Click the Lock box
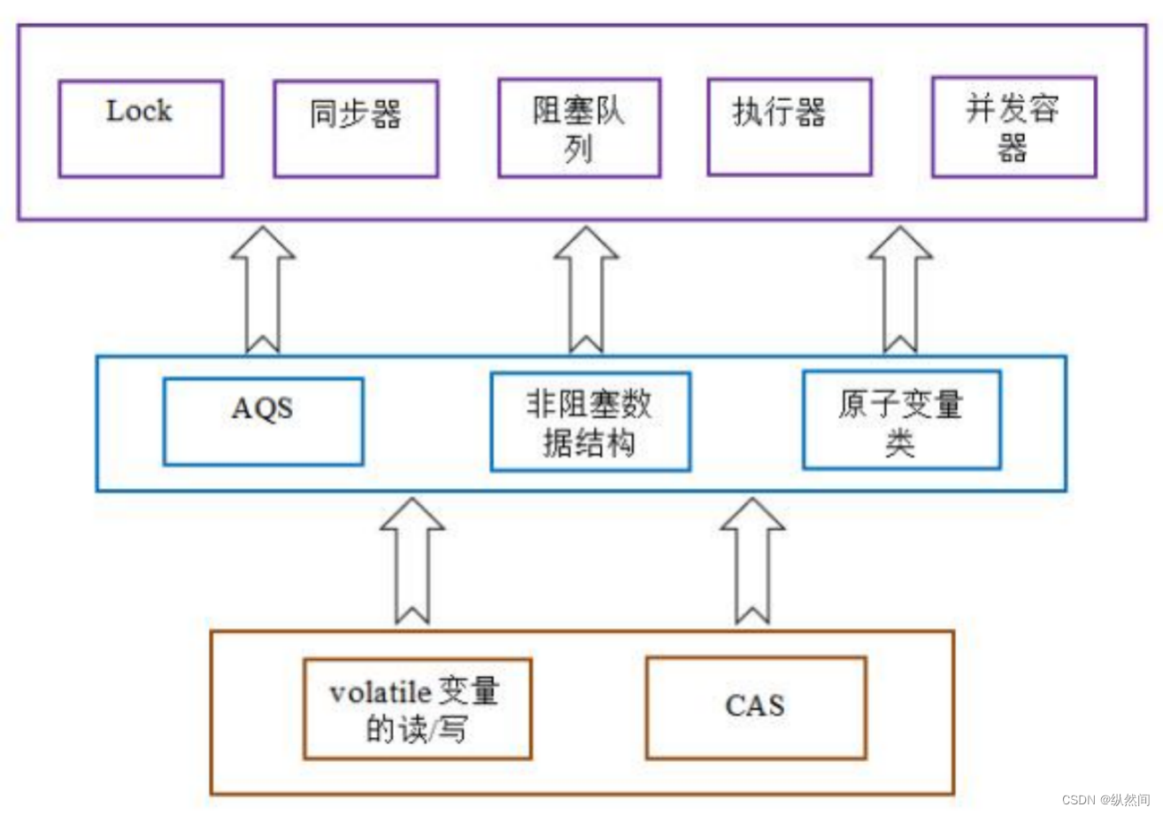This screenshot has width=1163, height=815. click(x=141, y=128)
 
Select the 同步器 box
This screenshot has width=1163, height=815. click(x=356, y=128)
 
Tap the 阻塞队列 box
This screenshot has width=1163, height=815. click(x=579, y=128)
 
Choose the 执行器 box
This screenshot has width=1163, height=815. click(x=789, y=127)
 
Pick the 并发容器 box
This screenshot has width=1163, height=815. click(x=1013, y=127)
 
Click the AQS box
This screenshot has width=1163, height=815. click(x=263, y=422)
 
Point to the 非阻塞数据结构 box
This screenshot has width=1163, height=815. click(x=590, y=422)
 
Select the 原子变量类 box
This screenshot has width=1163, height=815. click(x=901, y=420)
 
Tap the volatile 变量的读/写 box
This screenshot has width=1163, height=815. click(x=417, y=709)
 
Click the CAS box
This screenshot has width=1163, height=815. click(x=756, y=708)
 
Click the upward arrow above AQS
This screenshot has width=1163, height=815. click(x=263, y=288)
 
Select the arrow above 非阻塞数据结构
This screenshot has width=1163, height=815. click(x=586, y=288)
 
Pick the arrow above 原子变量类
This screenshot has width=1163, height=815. click(x=900, y=288)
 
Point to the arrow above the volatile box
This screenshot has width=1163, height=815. click(x=412, y=560)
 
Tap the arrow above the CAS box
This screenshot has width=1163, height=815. click(x=753, y=560)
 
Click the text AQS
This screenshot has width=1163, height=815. click(x=263, y=409)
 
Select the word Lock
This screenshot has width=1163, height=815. click(x=139, y=111)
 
